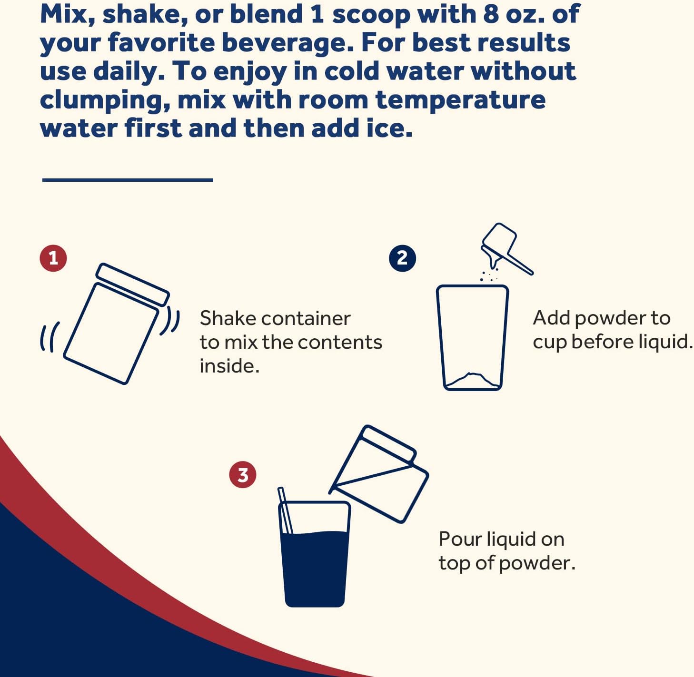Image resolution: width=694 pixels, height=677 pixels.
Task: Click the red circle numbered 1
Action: (53, 258)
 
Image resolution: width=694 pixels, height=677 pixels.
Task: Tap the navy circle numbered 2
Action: (402, 258)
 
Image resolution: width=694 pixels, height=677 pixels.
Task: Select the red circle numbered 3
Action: (242, 475)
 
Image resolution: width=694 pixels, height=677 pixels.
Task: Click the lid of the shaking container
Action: (132, 284)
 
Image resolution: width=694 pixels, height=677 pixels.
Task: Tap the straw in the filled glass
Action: (285, 510)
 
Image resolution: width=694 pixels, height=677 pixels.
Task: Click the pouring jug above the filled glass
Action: (379, 474)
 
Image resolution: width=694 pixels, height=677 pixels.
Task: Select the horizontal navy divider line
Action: (128, 180)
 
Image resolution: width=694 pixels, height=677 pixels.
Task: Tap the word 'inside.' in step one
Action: (229, 366)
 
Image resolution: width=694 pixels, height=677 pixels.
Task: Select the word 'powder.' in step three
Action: (537, 564)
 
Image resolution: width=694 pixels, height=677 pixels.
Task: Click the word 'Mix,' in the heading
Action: (68, 15)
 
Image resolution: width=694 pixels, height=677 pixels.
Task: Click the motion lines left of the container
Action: (50, 337)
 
